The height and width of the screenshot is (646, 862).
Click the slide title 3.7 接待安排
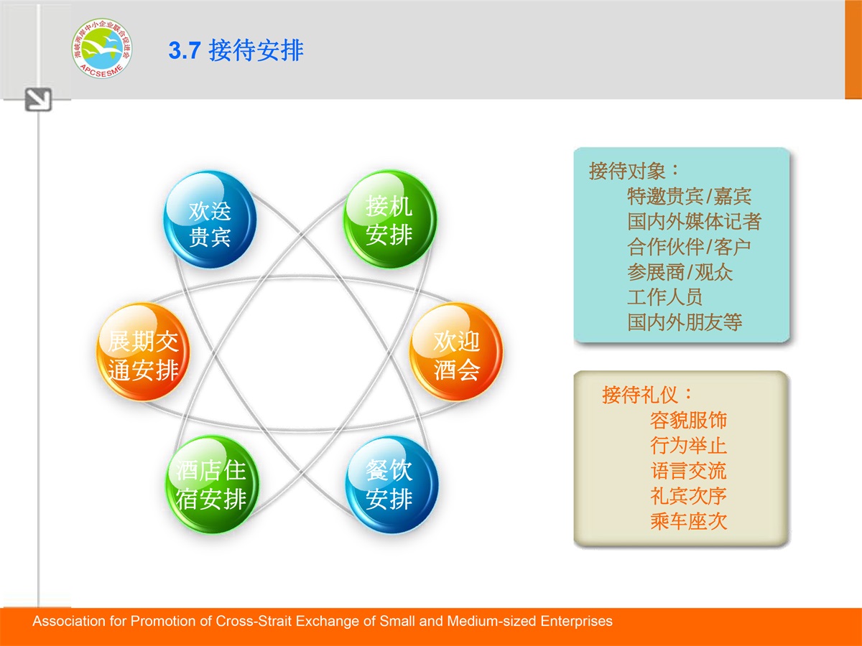(x=236, y=50)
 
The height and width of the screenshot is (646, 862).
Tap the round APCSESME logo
(x=102, y=48)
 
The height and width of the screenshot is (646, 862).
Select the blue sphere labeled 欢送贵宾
(x=210, y=220)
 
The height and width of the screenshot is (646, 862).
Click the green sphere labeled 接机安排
(x=390, y=219)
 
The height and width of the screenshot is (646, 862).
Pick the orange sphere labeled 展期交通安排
(x=143, y=352)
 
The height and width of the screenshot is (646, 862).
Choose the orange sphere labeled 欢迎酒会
(x=456, y=352)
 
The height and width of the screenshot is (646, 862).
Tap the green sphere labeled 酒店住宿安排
(x=212, y=484)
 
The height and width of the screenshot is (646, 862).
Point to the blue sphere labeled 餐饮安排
(x=391, y=484)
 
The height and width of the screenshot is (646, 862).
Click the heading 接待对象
(x=634, y=171)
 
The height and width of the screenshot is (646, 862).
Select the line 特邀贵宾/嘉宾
(x=689, y=196)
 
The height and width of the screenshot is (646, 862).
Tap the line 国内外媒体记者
(x=694, y=221)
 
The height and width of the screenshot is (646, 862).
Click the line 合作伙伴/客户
(x=689, y=247)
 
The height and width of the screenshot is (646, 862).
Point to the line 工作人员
(x=664, y=297)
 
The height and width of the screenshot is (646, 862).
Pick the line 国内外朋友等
(x=685, y=322)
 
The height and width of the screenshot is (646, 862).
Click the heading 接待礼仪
(x=646, y=395)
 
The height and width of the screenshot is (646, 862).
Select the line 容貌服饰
(x=688, y=420)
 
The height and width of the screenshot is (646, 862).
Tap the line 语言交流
(x=688, y=471)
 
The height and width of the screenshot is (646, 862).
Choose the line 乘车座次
(x=688, y=521)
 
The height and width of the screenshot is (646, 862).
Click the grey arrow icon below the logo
(x=38, y=100)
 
